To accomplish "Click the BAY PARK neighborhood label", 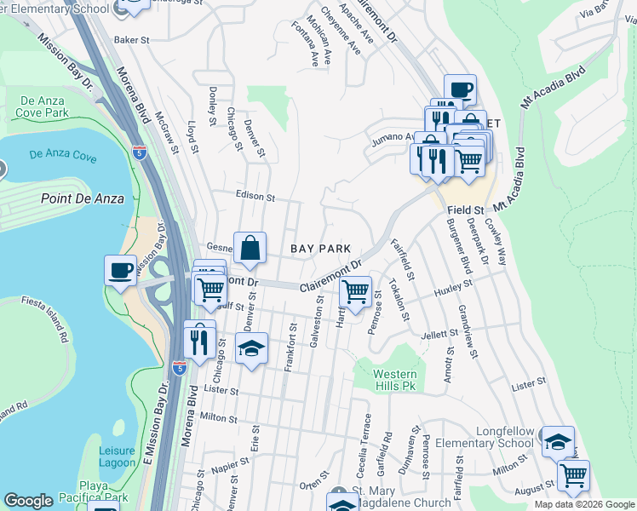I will tap(320, 249).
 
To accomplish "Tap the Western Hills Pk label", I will tap(396, 380).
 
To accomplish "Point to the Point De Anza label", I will tap(82, 198).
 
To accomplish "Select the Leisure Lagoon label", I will tap(117, 456).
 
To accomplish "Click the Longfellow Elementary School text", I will tap(484, 437).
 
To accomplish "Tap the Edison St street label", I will tap(255, 197).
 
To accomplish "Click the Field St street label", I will tap(467, 209).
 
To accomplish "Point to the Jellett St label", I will tap(439, 336).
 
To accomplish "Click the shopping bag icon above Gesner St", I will tap(250, 248).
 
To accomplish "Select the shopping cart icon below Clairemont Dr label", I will tap(355, 292).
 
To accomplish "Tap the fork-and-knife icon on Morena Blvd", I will tap(199, 341).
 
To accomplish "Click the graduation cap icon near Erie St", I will tap(251, 348).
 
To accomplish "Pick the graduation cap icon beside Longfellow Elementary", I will tap(557, 441).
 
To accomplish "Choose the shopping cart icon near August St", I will tap(573, 475).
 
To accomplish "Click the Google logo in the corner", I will tap(28, 501).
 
